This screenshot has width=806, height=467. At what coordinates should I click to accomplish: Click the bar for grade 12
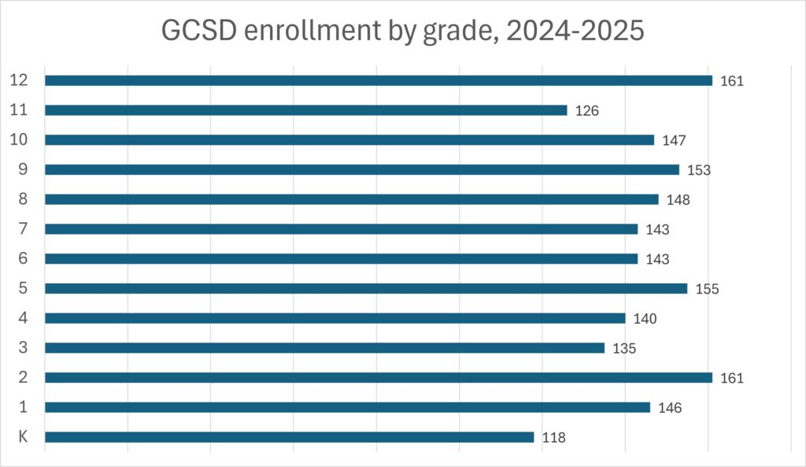click(378, 80)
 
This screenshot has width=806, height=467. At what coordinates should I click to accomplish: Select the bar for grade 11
click(305, 110)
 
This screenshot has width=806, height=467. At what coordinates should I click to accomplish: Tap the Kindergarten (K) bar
click(289, 437)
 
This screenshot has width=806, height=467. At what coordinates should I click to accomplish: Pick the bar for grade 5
click(366, 288)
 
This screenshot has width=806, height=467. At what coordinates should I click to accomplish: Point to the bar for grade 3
click(324, 348)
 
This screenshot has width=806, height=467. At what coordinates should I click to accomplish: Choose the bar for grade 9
click(361, 169)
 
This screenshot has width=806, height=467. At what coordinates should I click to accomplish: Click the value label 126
click(587, 111)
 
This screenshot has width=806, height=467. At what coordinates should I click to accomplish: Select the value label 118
click(554, 438)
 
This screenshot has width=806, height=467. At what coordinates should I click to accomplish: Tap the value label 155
click(707, 289)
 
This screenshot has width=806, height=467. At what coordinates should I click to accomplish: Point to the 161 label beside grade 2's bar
click(732, 378)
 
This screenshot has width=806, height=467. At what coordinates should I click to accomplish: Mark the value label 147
click(675, 140)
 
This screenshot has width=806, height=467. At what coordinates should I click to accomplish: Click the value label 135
click(624, 348)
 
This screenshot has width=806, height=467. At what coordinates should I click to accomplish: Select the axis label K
click(23, 437)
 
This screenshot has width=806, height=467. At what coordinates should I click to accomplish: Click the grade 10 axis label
click(20, 139)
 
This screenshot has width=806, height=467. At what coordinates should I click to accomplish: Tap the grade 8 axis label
click(24, 199)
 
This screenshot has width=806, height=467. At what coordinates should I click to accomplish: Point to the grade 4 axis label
click(24, 318)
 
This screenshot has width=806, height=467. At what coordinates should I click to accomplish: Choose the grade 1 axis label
click(24, 407)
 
